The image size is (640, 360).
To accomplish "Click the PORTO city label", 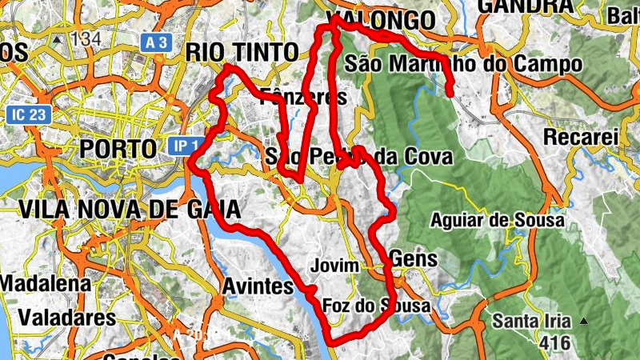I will coord(118,149).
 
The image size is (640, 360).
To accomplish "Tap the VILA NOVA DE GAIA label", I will coord(129,210).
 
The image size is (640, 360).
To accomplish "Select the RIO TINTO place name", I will coord(241,52).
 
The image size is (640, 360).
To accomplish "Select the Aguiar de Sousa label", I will coord(497,219).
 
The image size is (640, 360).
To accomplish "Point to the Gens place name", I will coord(414,258).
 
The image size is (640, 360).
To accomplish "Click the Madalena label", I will coord(45,284).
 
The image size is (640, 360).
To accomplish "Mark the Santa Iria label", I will coord(531,322).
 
